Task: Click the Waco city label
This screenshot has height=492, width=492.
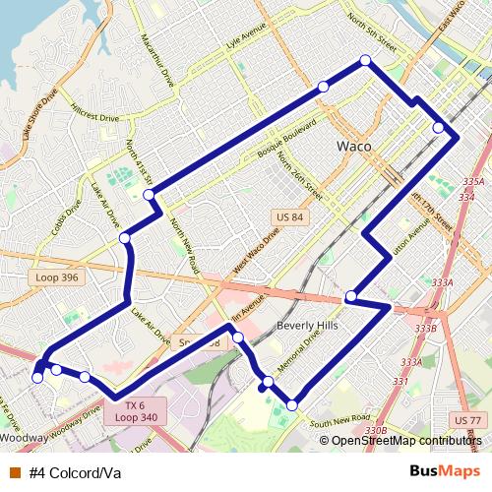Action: pyautogui.click(x=353, y=146)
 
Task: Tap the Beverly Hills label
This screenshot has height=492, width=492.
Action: pyautogui.click(x=307, y=326)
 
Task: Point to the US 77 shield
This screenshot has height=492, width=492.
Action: pyautogui.click(x=466, y=420)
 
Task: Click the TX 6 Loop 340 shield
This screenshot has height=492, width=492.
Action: pyautogui.click(x=135, y=410)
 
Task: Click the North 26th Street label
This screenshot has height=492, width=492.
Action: pyautogui.click(x=298, y=172)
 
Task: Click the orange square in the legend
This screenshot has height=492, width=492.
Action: pyautogui.click(x=16, y=470)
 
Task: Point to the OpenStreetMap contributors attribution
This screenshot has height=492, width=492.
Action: pyautogui.click(x=404, y=440)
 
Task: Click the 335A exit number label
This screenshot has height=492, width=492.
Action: pyautogui.click(x=473, y=182)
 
